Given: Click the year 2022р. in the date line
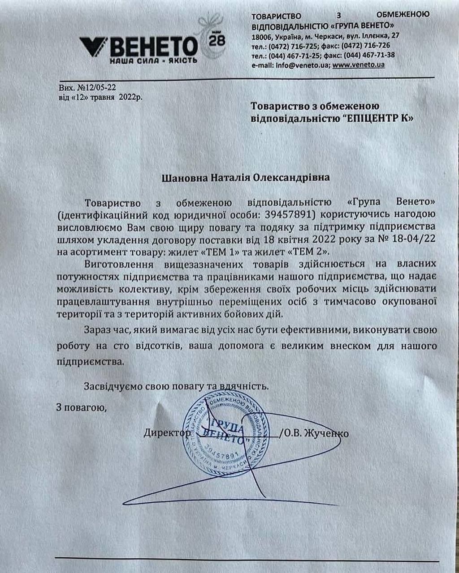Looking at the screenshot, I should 131,97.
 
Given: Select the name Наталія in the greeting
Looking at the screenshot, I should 225,178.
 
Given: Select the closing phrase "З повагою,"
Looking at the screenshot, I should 81,407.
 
